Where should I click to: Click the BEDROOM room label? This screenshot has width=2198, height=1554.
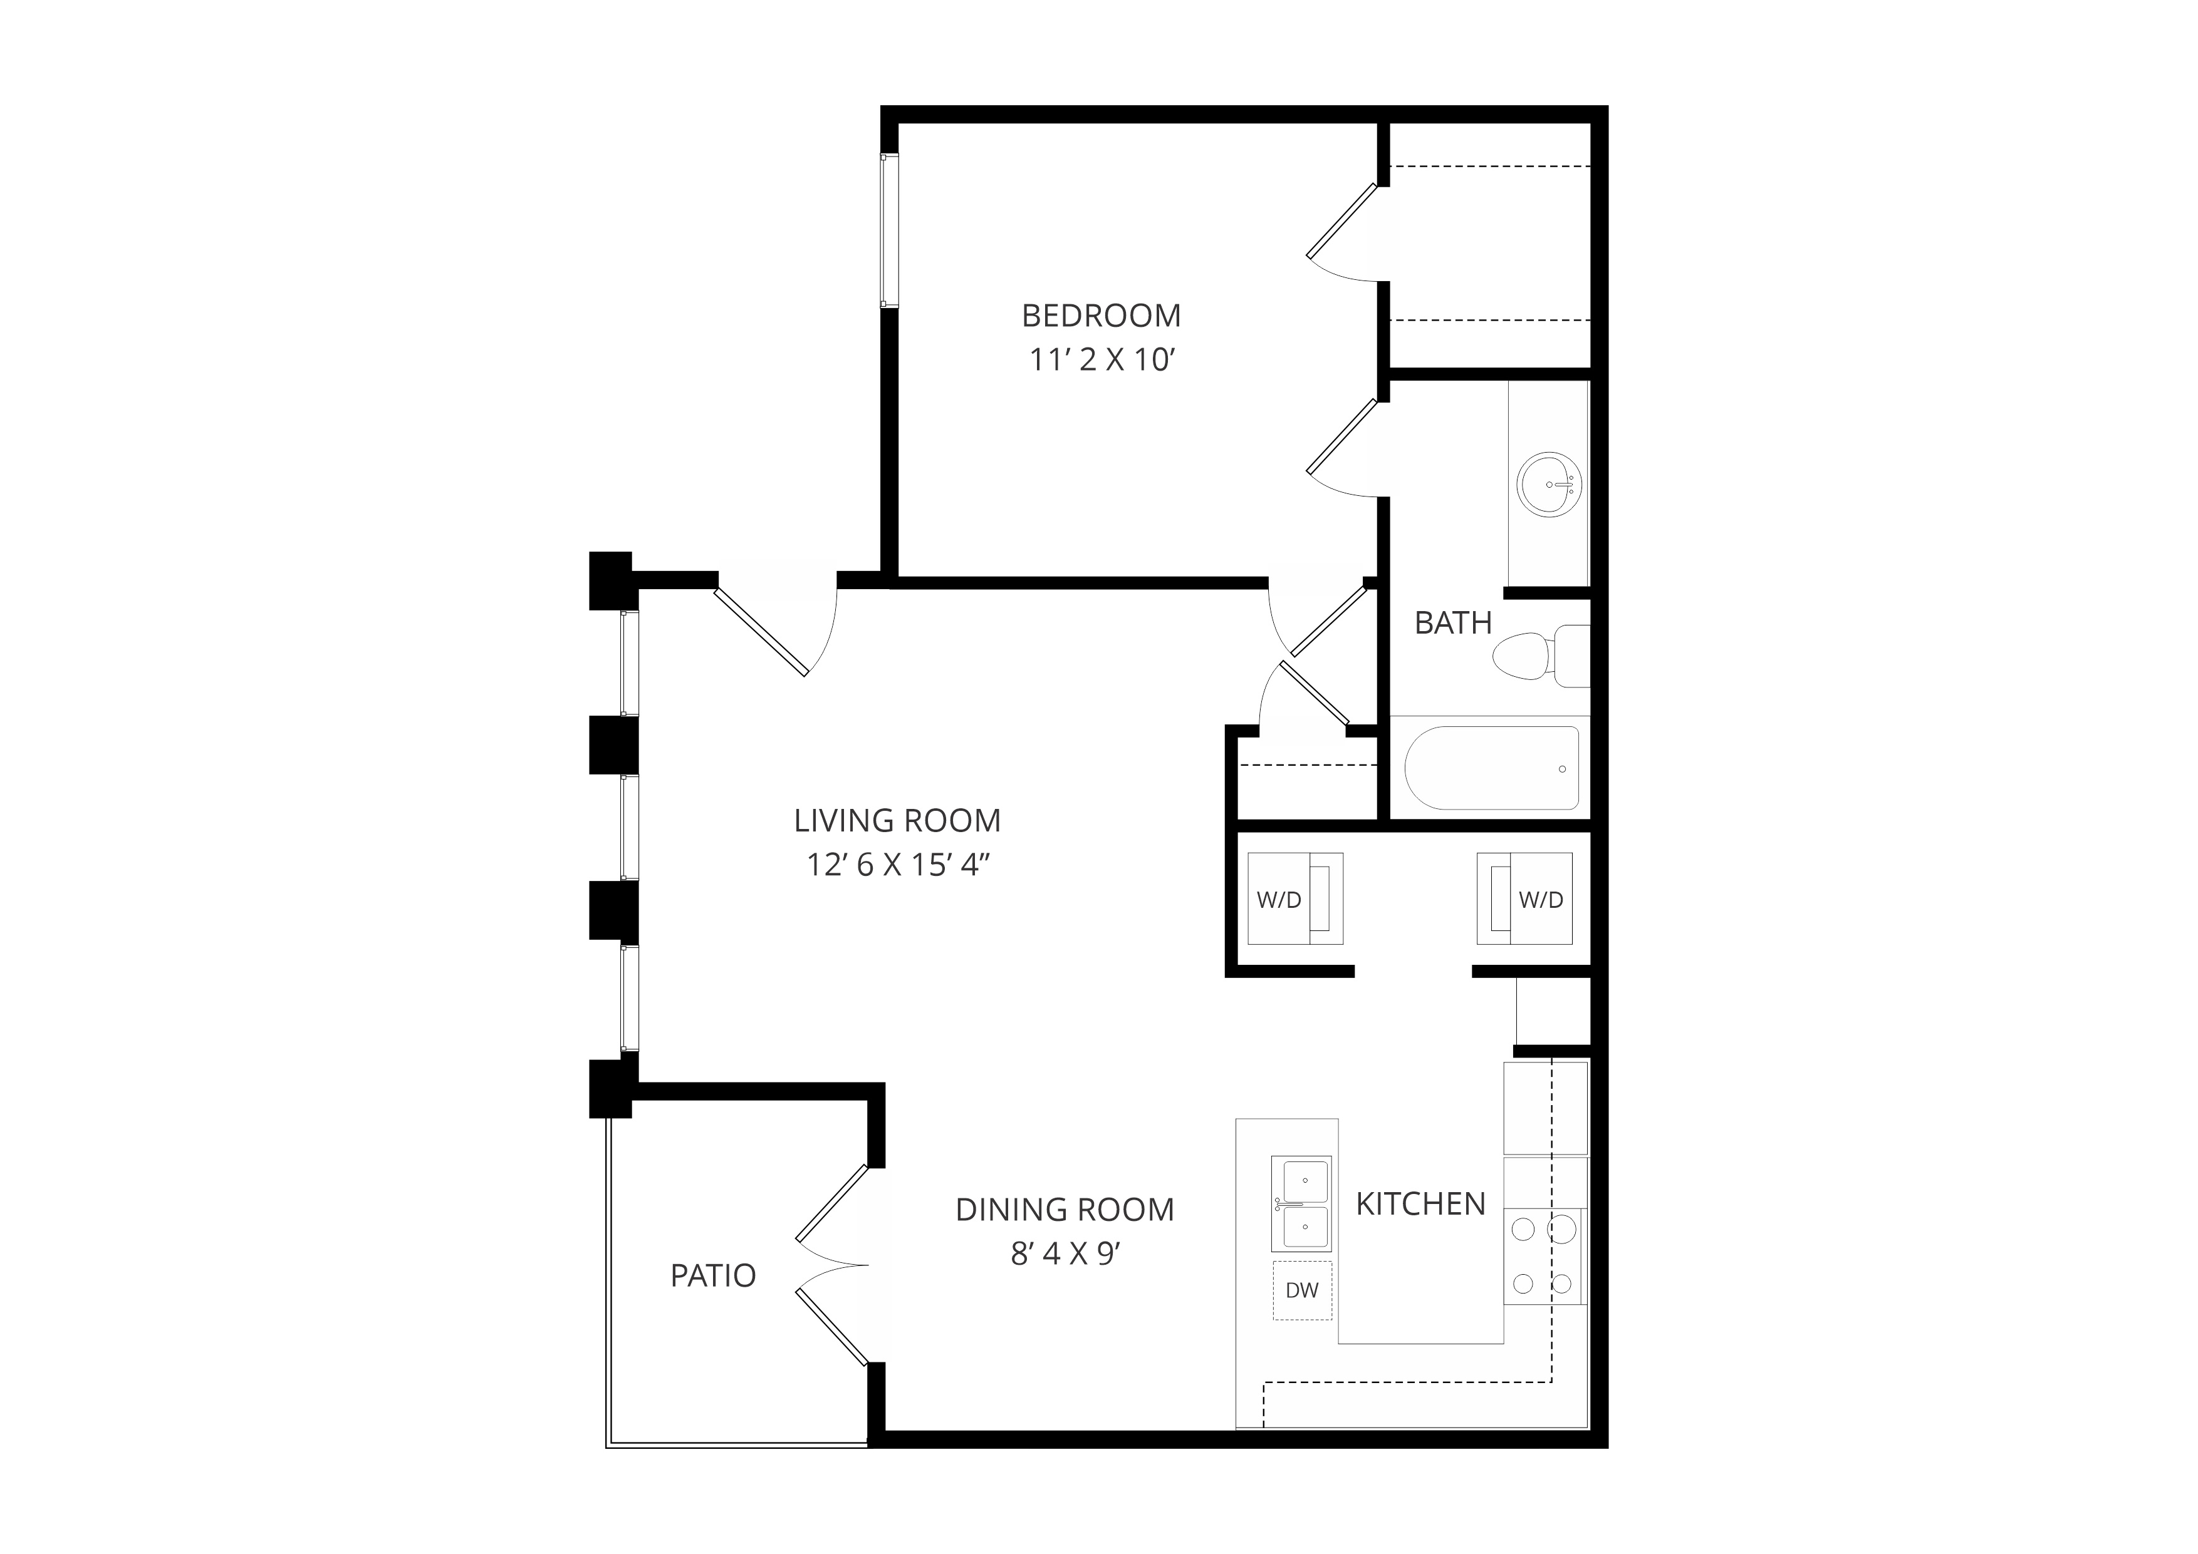coord(1101,315)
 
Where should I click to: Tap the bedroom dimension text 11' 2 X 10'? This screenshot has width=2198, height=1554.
coord(1101,360)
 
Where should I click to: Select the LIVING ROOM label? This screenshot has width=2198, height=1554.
coord(897,820)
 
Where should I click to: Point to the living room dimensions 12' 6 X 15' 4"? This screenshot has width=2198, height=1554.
coord(897,865)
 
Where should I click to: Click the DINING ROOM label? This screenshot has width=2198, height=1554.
coord(1065,1210)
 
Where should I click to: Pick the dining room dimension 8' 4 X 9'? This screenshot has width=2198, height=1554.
coord(1065,1253)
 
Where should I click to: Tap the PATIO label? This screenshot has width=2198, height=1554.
coord(713,1275)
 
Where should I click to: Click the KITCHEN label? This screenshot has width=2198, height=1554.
coord(1420,1204)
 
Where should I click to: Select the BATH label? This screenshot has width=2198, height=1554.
coord(1453,623)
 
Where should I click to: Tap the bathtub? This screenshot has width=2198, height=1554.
coord(1491,768)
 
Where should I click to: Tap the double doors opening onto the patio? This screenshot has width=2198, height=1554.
coord(833,1265)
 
